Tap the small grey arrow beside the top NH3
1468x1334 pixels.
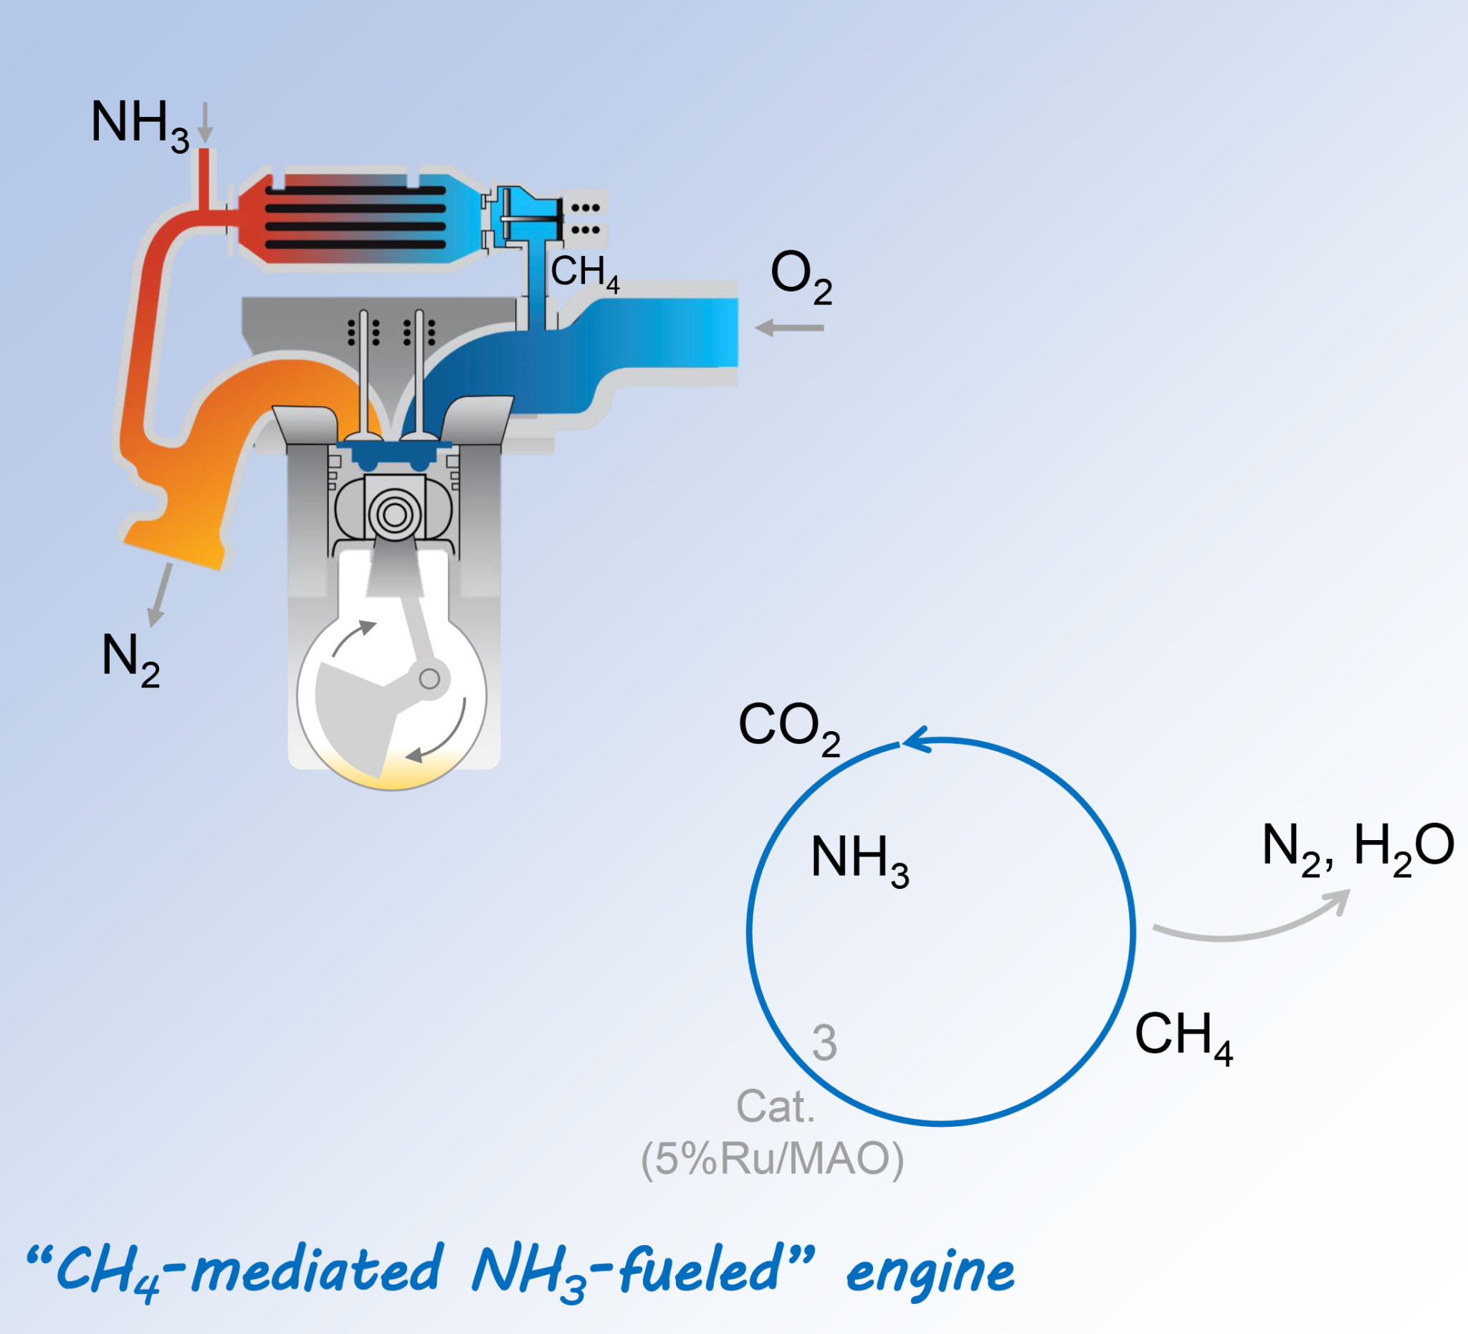click(x=205, y=123)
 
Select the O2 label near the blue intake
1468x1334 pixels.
click(x=800, y=277)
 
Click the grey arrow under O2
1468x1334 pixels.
click(x=789, y=328)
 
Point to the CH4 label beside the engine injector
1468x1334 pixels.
click(x=584, y=273)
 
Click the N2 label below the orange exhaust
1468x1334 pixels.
click(x=130, y=658)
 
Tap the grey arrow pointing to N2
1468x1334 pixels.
click(x=160, y=594)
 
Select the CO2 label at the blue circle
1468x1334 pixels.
click(x=788, y=728)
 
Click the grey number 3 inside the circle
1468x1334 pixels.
click(x=824, y=1043)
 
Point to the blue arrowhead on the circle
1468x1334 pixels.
click(x=915, y=740)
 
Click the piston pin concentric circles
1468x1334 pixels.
click(x=395, y=515)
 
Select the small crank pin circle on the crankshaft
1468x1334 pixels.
click(x=429, y=679)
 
